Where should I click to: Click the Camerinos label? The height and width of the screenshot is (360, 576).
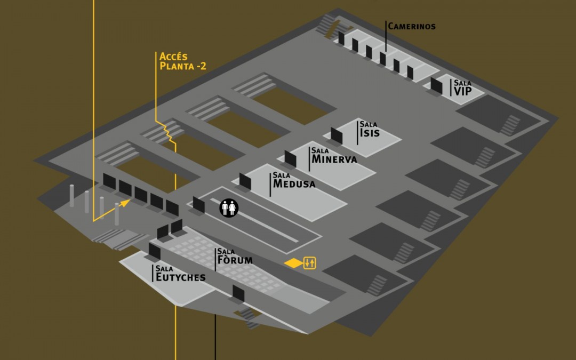pyautogui.click(x=411, y=26)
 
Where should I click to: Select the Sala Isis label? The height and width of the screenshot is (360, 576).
pyautogui.click(x=370, y=129)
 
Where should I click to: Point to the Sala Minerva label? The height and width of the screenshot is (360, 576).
pyautogui.click(x=334, y=156)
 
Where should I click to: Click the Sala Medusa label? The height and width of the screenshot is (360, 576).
pyautogui.click(x=294, y=181)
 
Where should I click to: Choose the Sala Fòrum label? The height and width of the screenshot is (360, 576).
pyautogui.click(x=234, y=258)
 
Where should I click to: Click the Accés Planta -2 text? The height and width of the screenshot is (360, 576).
pyautogui.click(x=182, y=61)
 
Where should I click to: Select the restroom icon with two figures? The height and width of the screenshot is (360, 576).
pyautogui.click(x=229, y=207)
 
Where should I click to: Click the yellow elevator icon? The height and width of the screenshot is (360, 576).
pyautogui.click(x=310, y=262)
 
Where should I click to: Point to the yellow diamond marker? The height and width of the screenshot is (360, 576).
pyautogui.click(x=293, y=263)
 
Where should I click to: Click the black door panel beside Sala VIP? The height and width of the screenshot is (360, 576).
pyautogui.click(x=436, y=85)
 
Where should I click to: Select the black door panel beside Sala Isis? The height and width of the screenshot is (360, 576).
pyautogui.click(x=337, y=135)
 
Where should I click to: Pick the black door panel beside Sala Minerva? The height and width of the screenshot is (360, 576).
pyautogui.click(x=290, y=158)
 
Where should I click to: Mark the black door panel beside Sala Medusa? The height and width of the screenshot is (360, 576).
pyautogui.click(x=245, y=181)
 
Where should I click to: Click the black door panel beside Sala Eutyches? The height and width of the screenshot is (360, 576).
pyautogui.click(x=155, y=251)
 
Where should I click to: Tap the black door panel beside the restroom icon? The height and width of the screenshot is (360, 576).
pyautogui.click(x=198, y=204)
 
